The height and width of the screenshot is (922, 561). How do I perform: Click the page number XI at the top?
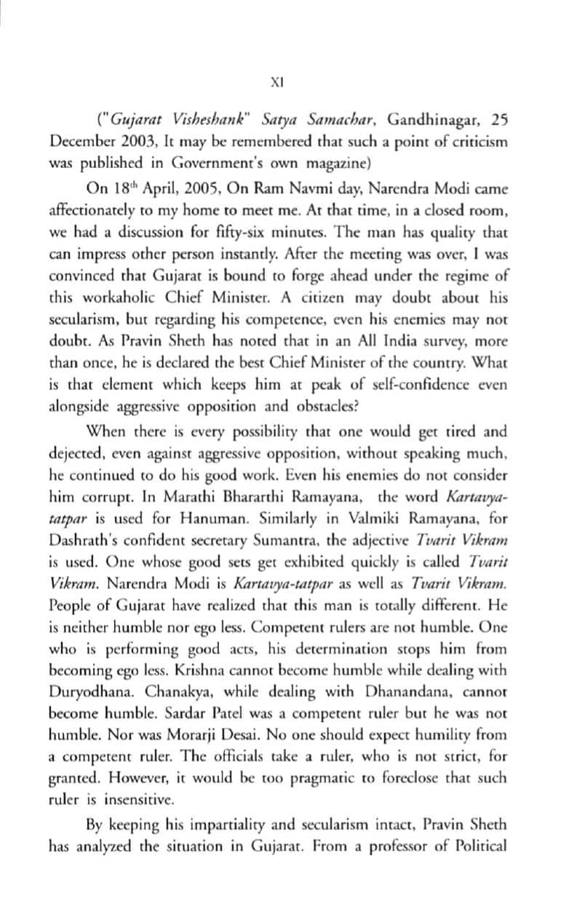[276, 83]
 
